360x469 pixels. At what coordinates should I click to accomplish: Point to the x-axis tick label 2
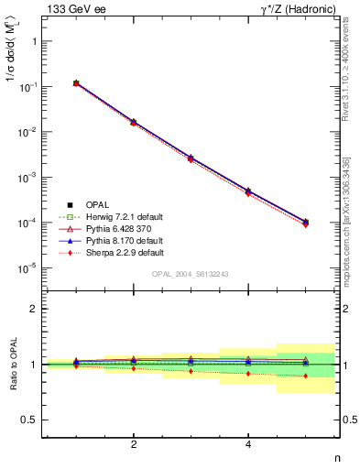(134, 444)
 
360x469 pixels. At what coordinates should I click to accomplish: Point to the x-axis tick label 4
(248, 444)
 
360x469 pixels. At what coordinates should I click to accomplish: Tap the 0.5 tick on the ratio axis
(31, 420)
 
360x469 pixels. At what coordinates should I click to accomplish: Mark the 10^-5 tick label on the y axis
(30, 268)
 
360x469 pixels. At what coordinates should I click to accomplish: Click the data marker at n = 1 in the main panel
(76, 83)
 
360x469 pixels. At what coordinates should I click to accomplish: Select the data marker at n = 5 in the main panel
(305, 222)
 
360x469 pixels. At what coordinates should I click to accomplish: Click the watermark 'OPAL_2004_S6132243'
(190, 275)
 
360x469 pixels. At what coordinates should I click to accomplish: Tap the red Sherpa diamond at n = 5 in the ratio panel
(305, 376)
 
